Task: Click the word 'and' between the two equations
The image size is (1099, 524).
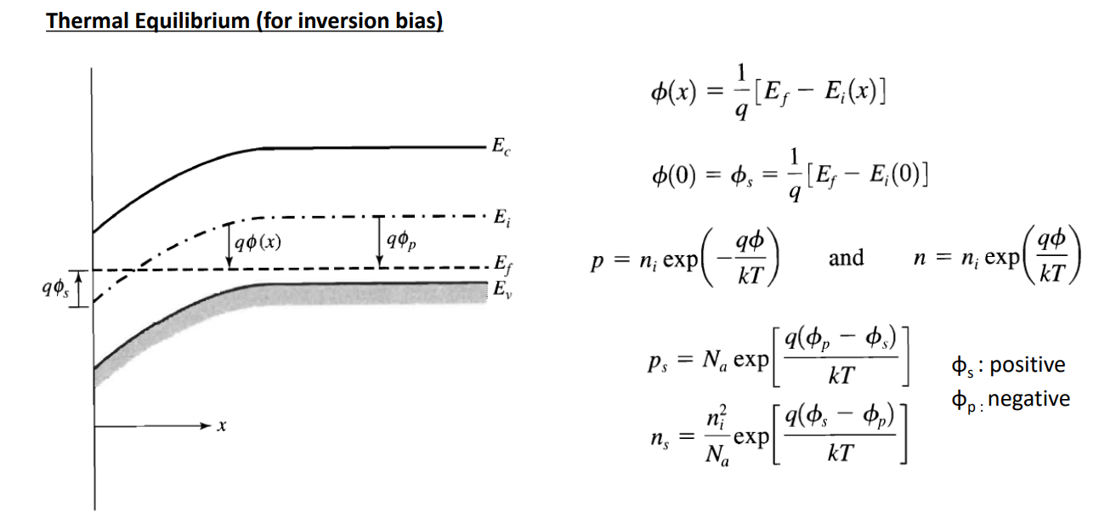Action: (846, 257)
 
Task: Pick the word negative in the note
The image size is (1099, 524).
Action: (1029, 398)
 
